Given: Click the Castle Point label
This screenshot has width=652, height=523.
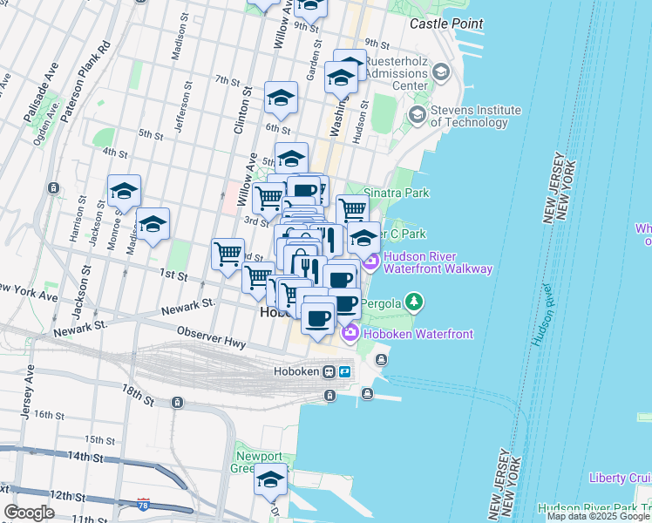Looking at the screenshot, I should pos(445,24).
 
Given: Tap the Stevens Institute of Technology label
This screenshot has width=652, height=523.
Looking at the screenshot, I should pos(476,116).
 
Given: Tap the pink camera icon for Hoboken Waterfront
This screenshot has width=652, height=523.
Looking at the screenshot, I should pos(350,332).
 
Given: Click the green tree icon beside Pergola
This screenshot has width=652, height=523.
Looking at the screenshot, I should pos(415,302).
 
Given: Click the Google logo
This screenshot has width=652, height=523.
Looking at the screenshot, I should pos(29,513).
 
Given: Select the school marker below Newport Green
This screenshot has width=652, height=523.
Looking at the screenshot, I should pos(270,479).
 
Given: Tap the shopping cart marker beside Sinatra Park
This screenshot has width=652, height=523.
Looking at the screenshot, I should pos(351,209).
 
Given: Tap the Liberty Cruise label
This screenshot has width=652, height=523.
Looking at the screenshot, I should pos(620,478).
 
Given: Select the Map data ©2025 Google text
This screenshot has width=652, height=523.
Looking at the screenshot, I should pos(598,516).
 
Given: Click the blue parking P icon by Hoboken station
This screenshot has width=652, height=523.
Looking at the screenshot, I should pos(344,371).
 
